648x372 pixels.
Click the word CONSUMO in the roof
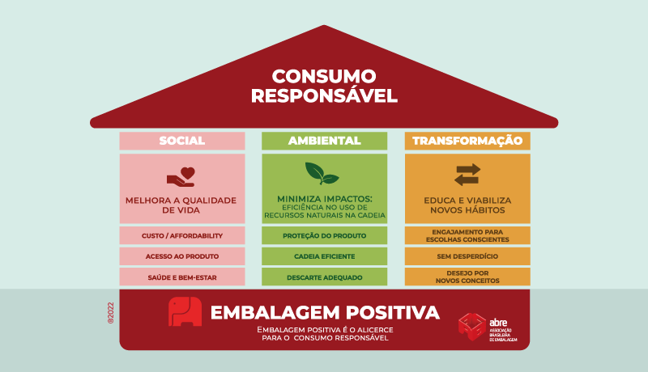(x=324, y=76)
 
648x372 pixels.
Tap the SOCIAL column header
(x=182, y=141)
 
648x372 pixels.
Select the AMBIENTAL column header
(x=325, y=141)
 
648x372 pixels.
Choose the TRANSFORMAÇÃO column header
(x=467, y=141)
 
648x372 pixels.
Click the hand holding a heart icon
(x=181, y=177)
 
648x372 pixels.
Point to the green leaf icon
(x=322, y=173)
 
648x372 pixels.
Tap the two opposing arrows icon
(x=467, y=175)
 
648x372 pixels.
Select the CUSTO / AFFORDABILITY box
(x=182, y=235)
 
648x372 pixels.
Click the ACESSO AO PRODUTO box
(x=182, y=256)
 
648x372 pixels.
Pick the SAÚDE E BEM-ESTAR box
(x=182, y=277)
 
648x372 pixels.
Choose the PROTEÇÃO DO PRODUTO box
(x=325, y=235)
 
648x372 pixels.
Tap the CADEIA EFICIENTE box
(x=325, y=256)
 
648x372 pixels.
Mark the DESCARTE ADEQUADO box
(x=325, y=277)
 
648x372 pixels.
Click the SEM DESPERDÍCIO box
(x=467, y=256)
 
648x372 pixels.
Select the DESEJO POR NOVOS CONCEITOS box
(x=467, y=277)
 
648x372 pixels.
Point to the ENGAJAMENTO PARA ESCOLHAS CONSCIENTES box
(x=467, y=235)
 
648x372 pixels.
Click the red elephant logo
(x=185, y=311)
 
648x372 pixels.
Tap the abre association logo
(x=488, y=327)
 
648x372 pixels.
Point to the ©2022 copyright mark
(x=110, y=313)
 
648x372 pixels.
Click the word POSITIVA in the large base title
(x=393, y=312)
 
